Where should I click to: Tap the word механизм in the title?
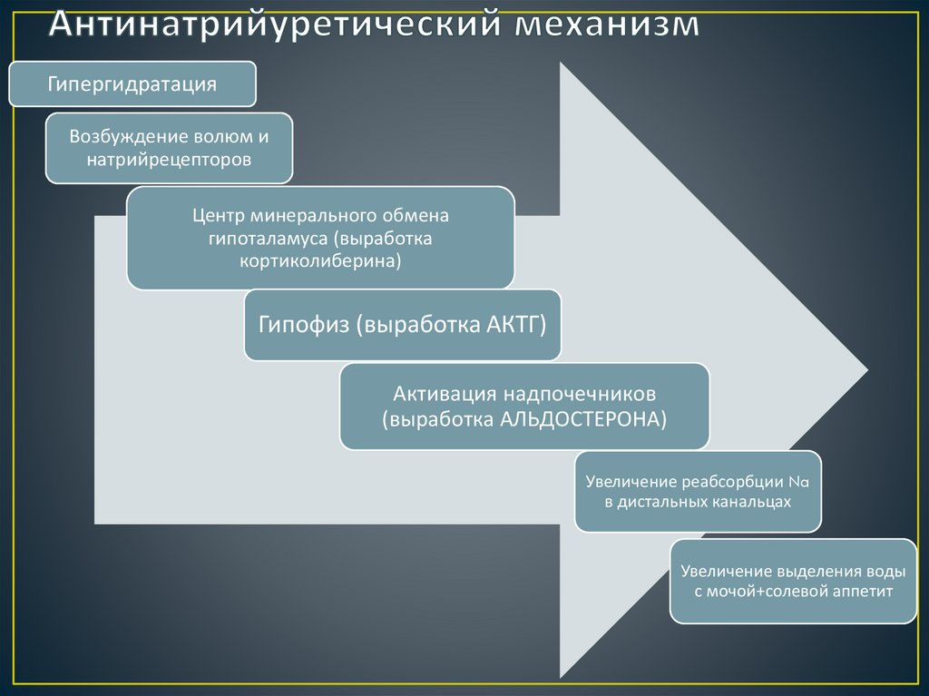(x=608, y=25)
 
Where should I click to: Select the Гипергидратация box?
(x=132, y=84)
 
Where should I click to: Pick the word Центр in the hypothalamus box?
(x=218, y=216)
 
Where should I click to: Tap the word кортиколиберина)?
(x=320, y=261)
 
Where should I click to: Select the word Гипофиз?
(x=304, y=325)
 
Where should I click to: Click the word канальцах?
(x=749, y=501)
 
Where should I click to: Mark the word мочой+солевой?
(x=762, y=592)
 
